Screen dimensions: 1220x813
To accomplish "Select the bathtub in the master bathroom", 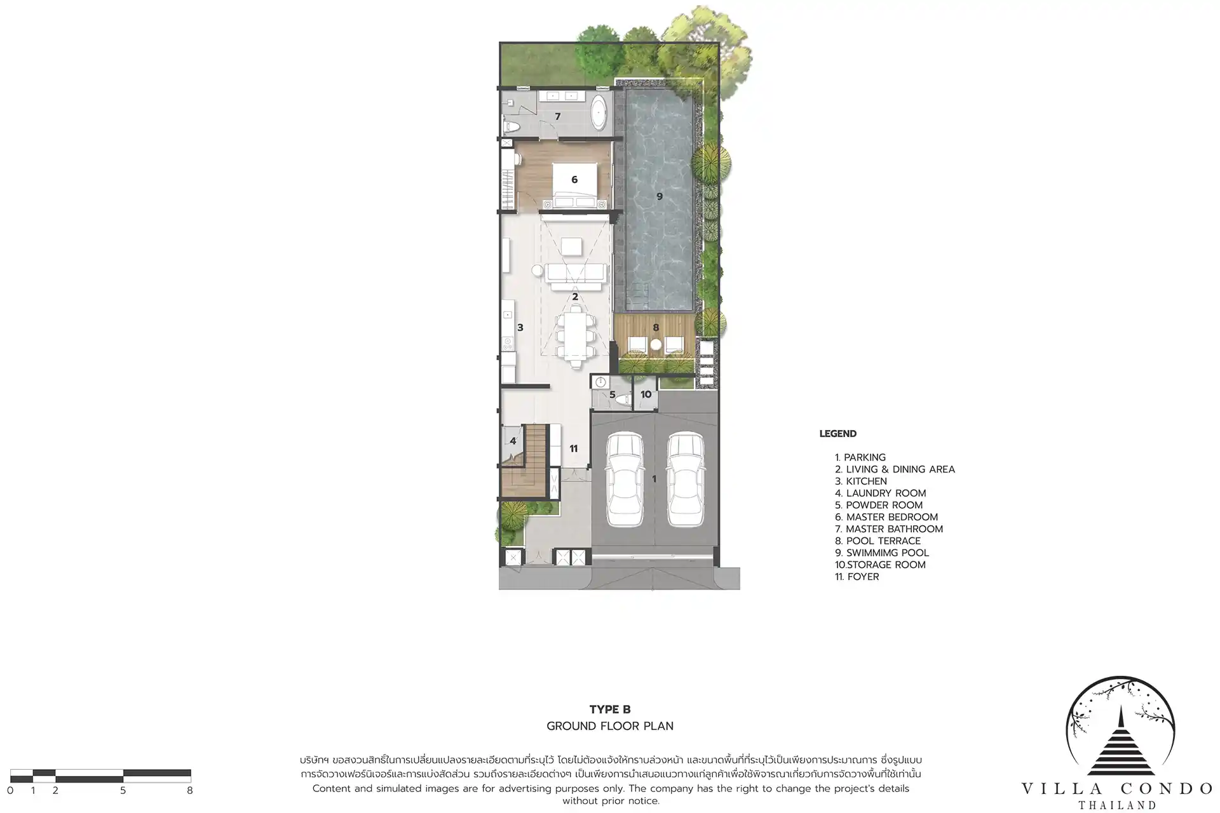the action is (599, 114).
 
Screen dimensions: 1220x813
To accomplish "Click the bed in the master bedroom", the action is (574, 185).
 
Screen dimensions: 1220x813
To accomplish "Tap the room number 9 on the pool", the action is (660, 196).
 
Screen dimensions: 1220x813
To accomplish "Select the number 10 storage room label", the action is (646, 394).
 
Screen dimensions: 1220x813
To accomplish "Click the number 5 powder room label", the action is (613, 394).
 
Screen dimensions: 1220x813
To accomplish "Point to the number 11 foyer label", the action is (574, 448).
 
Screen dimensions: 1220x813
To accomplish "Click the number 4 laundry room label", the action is (513, 441).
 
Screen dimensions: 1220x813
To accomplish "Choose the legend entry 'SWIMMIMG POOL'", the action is (882, 553).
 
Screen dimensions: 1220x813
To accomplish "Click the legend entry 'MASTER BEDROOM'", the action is (886, 517).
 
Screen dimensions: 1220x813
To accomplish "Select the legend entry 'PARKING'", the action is (860, 457).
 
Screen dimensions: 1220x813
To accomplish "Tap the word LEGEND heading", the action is (838, 434).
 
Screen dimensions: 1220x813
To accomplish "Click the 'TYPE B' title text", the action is (610, 709).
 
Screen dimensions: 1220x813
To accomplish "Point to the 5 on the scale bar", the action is (123, 791).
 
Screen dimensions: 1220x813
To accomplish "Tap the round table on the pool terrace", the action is (656, 345).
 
